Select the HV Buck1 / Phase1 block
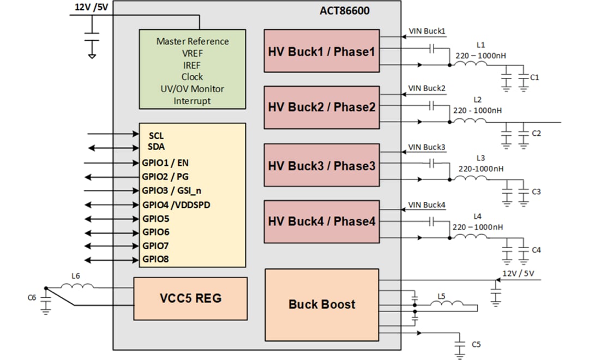[x=322, y=51]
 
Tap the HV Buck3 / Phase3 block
[x=322, y=165]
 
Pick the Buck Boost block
[x=322, y=304]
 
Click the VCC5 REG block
[x=190, y=298]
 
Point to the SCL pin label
[x=155, y=135]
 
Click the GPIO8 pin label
[x=155, y=259]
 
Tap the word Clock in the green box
[x=192, y=77]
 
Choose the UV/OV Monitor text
[x=192, y=89]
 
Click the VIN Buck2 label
[x=427, y=88]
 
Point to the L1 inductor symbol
[x=472, y=64]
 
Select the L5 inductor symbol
[x=449, y=303]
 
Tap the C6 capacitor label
[x=32, y=297]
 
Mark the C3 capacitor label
[x=536, y=192]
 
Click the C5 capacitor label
[x=476, y=344]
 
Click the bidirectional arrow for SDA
[x=112, y=147]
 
